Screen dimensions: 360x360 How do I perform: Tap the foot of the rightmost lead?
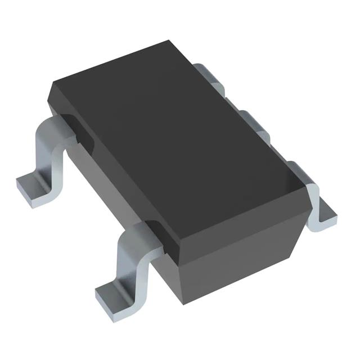tap(325, 217)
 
